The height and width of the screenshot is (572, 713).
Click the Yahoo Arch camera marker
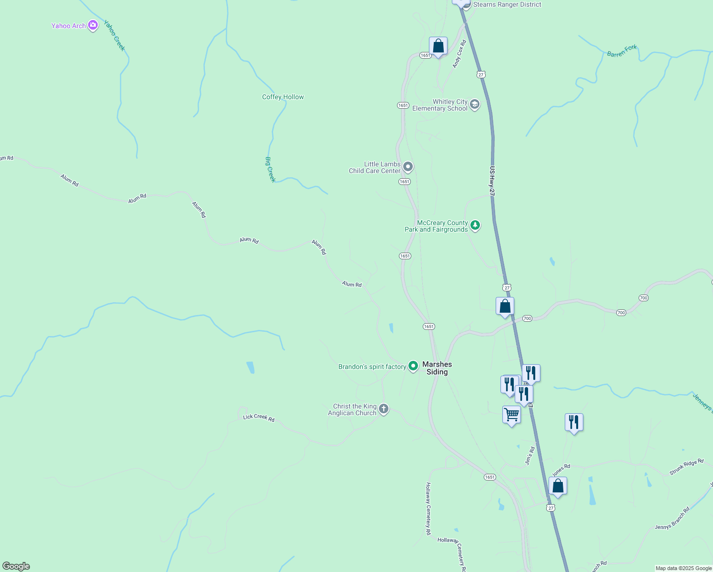coord(93,25)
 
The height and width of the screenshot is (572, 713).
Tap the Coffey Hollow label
coord(283,97)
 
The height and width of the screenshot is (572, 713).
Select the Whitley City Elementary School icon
coord(474,104)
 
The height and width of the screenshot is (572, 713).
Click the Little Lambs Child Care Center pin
coord(407,167)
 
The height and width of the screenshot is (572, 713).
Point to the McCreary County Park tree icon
coord(475,225)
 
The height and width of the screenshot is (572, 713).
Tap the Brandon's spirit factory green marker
coord(413,366)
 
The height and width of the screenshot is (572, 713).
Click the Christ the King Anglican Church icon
coord(384,409)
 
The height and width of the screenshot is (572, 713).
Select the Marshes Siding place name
coord(437,368)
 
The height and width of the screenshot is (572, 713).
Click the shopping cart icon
coord(511,415)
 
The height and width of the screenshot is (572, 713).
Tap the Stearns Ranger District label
coord(507,5)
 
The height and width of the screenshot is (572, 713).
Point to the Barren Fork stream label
coord(622,51)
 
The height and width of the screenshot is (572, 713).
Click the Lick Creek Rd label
coord(259,418)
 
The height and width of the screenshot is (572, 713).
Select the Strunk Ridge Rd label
coord(686,467)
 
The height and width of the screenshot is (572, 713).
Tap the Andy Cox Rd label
coord(459,54)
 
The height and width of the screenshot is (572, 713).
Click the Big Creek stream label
coord(270,169)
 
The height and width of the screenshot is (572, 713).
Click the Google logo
coord(16,566)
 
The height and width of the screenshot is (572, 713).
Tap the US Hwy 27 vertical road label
coord(492,180)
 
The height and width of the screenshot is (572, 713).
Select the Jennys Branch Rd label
coord(672,519)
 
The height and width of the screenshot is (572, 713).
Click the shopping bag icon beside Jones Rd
coord(558,486)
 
